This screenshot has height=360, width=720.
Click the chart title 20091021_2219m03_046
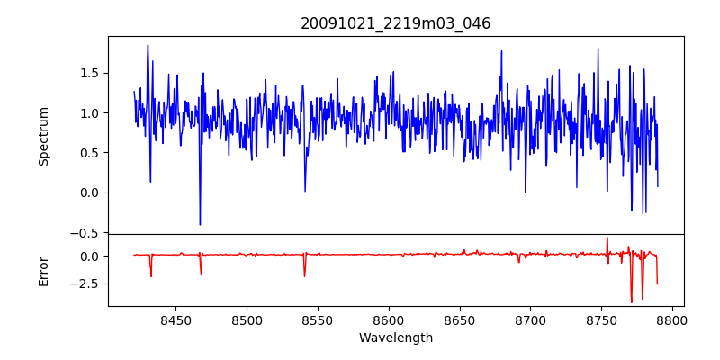point(396,23)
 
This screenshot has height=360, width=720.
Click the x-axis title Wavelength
point(396,337)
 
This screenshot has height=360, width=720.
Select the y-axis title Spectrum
point(43,136)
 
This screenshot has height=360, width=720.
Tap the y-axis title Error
point(43,270)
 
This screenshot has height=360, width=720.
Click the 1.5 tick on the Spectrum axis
point(90,73)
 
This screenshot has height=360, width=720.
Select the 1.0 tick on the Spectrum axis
point(90,113)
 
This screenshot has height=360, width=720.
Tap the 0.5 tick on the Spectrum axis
point(90,153)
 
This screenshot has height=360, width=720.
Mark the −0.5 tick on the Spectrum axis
point(86,233)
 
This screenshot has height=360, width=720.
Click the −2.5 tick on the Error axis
point(86,283)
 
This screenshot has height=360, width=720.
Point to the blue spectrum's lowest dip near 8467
point(200,224)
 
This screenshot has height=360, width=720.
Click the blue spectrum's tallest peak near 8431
point(148,46)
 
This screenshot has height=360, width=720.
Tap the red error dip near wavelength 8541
point(305,275)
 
